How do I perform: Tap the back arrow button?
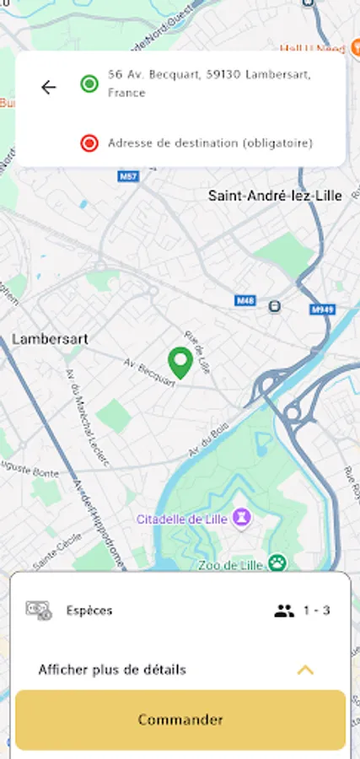49,86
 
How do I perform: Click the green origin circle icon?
89,83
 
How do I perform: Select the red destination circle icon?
89,143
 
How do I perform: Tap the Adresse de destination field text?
210,143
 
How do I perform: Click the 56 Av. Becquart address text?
209,83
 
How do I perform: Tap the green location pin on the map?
180,363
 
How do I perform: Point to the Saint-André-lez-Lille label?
275,196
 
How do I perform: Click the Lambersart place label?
50,339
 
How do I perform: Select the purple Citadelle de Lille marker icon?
242,516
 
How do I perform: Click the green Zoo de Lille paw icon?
277,563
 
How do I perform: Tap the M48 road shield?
245,300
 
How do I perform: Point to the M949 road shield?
322,309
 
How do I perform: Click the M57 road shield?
128,176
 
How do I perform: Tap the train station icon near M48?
274,306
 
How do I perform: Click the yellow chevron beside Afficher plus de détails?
305,670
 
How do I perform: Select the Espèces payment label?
89,611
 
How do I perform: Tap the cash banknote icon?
39,610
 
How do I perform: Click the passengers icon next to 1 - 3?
284,611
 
